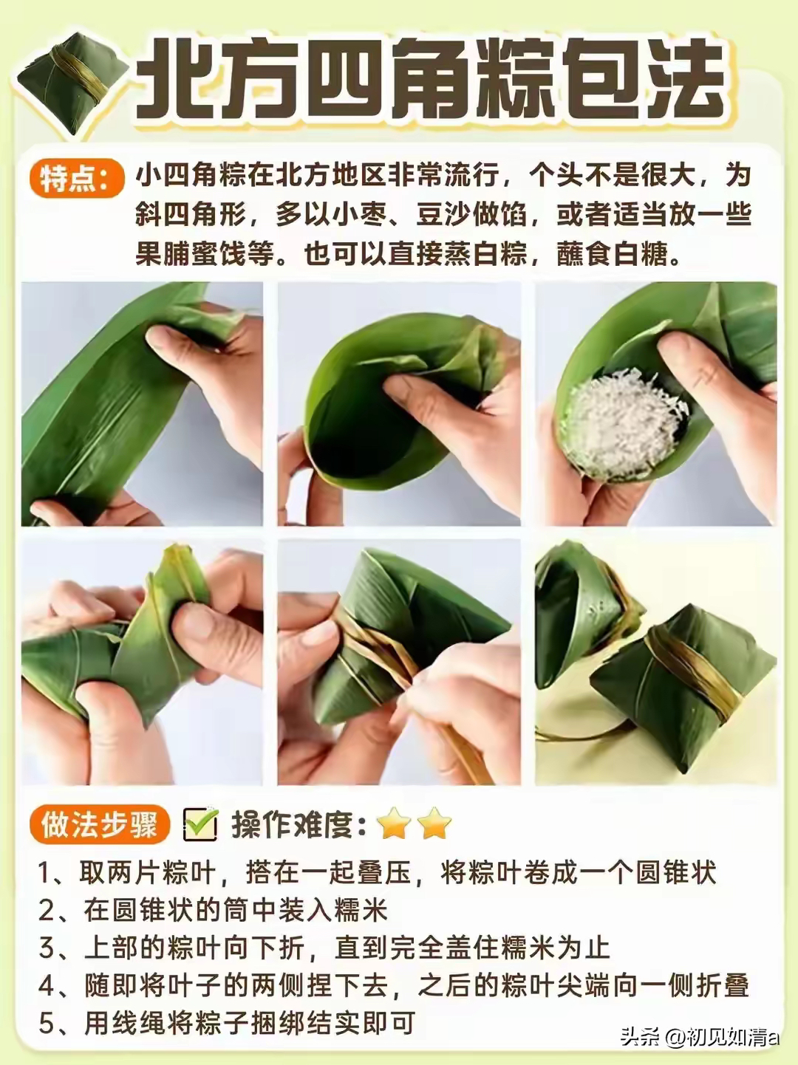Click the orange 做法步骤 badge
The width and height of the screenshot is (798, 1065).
tap(99, 825)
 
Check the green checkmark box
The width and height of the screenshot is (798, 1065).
tap(199, 825)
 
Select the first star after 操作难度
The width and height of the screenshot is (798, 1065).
tap(395, 824)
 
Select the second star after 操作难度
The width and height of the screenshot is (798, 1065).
tap(434, 824)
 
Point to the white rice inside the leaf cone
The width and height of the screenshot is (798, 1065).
tap(621, 417)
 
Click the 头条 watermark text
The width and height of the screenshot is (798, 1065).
tap(640, 1037)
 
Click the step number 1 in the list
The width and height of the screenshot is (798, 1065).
tap(46, 873)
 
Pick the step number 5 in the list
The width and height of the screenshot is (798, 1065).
tap(46, 1024)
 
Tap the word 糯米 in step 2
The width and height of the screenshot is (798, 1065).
tap(361, 910)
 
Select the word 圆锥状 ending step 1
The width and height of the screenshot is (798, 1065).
tap(674, 873)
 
